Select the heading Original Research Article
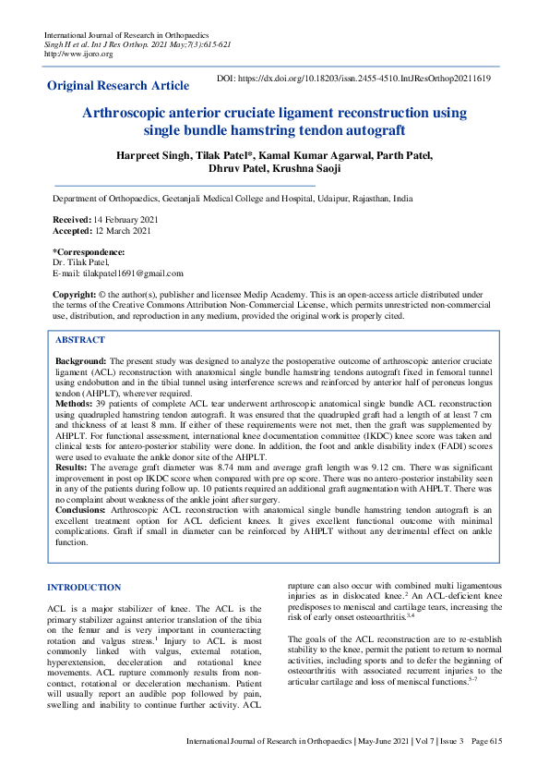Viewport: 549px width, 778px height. point(118,86)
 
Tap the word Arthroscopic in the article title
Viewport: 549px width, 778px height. point(128,113)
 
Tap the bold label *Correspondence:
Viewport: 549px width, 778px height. point(89,252)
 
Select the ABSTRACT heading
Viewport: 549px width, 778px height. point(81,340)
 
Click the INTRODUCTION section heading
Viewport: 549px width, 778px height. point(84,587)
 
